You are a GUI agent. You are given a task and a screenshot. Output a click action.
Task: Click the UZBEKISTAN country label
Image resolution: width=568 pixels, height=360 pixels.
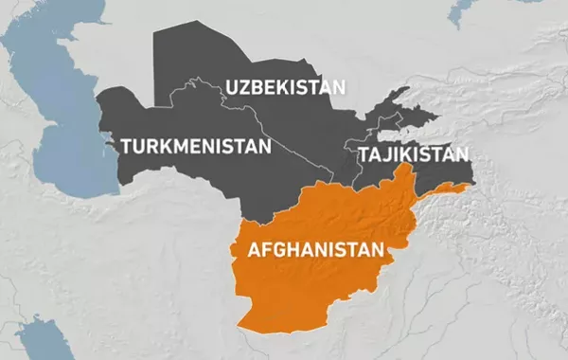[x=285, y=87]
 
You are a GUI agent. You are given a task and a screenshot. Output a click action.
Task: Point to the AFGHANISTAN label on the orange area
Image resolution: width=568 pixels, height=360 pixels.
[x=316, y=251]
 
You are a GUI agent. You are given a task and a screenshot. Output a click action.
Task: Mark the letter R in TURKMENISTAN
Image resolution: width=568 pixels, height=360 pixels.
[x=152, y=147]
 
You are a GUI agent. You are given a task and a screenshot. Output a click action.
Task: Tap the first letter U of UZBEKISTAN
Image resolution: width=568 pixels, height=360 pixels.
[x=232, y=87]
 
